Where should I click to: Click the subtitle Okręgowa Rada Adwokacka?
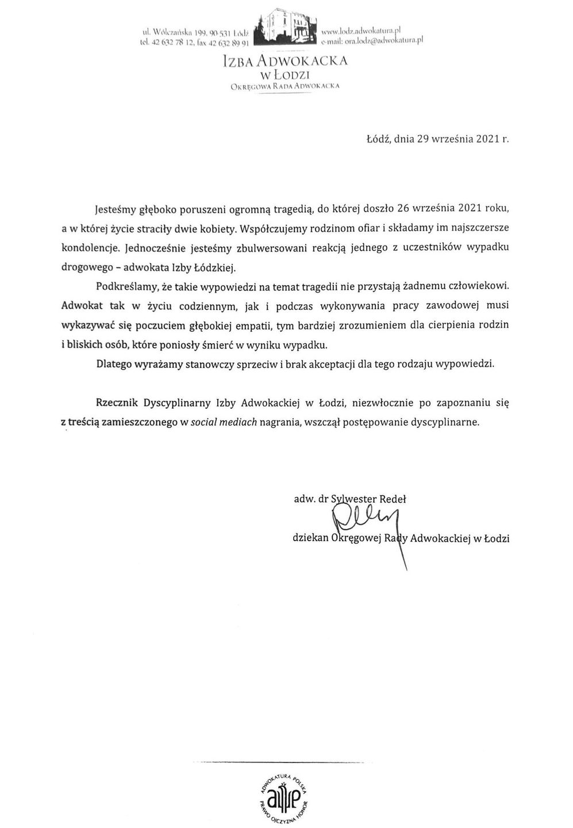(x=286, y=86)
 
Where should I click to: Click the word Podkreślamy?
(x=125, y=285)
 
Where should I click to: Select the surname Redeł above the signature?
(x=392, y=499)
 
